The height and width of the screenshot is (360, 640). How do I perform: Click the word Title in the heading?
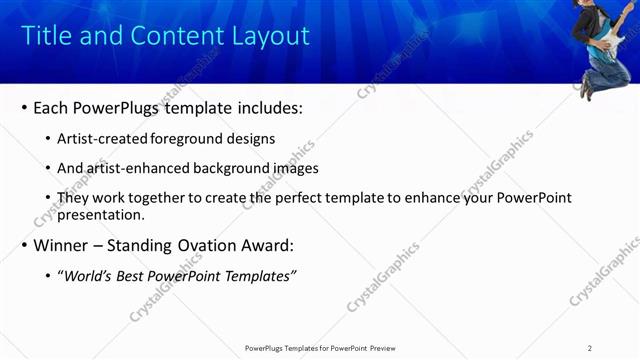pos(46,36)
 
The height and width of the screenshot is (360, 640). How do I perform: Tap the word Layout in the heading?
pos(269,36)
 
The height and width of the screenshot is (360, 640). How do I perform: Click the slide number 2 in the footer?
pos(590,348)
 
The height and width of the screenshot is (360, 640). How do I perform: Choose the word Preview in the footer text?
pos(389,348)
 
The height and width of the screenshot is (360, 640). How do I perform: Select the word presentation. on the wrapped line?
pos(101,214)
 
